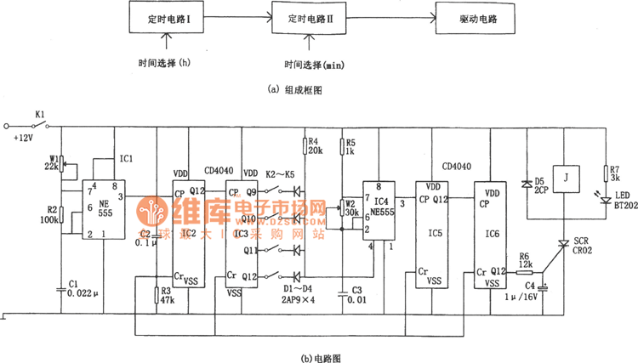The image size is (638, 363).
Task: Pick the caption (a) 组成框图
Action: point(294,88)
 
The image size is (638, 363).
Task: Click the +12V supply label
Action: point(20,138)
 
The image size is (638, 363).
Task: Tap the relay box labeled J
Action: point(566,179)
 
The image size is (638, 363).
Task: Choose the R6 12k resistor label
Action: point(527,259)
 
